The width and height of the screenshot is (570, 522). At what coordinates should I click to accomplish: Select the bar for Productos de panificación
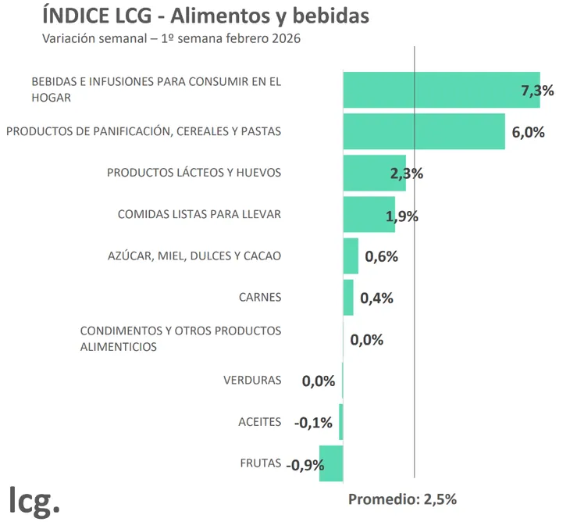click(x=424, y=131)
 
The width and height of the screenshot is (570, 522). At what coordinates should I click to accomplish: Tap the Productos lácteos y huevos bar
click(x=373, y=173)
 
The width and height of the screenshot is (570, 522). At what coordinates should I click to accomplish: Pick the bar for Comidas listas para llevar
click(x=368, y=214)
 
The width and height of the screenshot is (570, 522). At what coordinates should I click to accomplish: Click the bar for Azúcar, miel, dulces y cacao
click(x=351, y=256)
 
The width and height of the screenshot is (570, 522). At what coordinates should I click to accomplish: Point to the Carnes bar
click(x=348, y=298)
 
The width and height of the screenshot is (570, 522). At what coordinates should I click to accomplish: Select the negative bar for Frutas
click(x=331, y=463)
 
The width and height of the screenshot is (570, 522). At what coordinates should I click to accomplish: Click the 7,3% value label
click(x=537, y=91)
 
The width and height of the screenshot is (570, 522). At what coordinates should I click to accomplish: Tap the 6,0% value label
click(x=528, y=132)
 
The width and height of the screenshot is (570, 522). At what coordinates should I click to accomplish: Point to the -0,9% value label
click(x=305, y=465)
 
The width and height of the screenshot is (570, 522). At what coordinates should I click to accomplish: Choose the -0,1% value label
click(x=313, y=423)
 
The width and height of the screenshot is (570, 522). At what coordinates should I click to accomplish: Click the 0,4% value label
click(x=376, y=298)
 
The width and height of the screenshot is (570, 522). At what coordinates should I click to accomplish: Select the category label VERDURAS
click(x=252, y=381)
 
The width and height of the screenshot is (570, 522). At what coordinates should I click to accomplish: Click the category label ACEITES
click(x=259, y=422)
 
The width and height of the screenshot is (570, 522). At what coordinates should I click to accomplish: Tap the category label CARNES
click(x=259, y=297)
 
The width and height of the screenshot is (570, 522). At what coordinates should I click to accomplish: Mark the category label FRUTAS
click(x=260, y=463)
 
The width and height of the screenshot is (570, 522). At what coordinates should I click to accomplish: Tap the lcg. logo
click(x=34, y=498)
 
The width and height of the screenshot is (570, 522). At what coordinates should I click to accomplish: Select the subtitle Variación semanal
click(x=172, y=38)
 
